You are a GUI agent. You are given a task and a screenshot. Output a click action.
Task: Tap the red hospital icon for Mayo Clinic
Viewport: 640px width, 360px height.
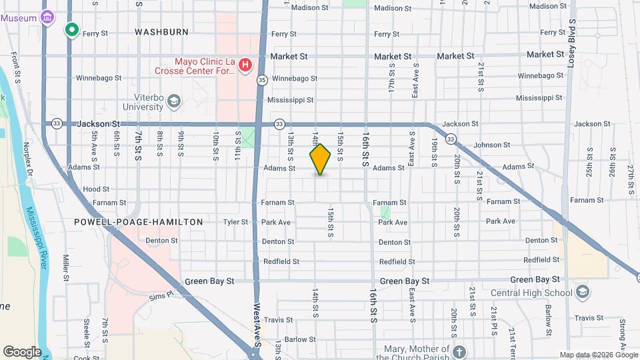[x=245, y=65]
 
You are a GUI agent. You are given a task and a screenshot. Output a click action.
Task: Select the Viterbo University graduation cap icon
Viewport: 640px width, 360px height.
[x=174, y=101]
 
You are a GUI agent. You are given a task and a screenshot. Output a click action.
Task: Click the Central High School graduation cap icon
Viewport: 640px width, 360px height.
[x=583, y=292]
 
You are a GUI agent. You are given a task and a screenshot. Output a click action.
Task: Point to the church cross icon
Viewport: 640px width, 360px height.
[x=458, y=351]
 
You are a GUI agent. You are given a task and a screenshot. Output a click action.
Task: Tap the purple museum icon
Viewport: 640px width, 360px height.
[x=47, y=18]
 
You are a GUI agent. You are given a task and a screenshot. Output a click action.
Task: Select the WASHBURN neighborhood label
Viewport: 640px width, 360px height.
[x=161, y=31]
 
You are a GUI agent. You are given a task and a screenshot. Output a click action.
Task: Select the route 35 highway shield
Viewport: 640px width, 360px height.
[x=262, y=80]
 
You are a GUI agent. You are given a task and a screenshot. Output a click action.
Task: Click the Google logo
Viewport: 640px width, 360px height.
[x=21, y=351]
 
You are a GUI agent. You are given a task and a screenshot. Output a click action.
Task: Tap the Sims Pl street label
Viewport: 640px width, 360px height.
[x=161, y=295]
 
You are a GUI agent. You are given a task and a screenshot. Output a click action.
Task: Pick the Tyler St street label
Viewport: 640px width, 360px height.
[x=235, y=222]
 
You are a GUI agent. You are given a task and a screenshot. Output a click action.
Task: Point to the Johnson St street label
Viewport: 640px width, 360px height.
[x=491, y=145]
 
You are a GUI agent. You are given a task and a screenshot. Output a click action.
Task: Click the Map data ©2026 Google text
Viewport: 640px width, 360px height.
[x=598, y=355]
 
